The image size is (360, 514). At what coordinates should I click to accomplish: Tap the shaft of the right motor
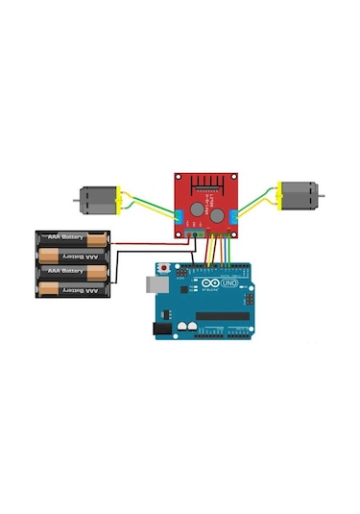(321, 195)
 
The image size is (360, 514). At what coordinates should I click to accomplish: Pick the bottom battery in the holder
(73, 288)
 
